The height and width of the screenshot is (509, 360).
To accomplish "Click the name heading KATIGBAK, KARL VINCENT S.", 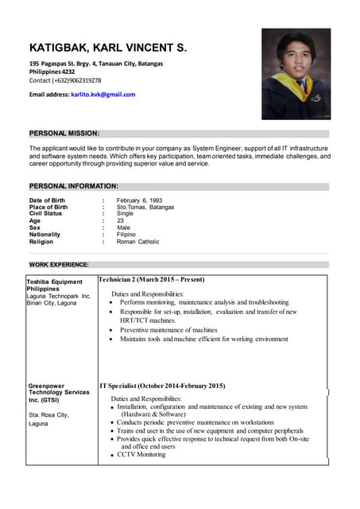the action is (108, 48).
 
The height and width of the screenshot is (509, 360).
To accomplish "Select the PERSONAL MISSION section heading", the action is (64, 134).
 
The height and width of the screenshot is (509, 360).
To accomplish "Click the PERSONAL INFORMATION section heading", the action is (73, 186).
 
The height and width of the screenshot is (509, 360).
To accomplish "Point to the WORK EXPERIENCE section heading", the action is (59, 264).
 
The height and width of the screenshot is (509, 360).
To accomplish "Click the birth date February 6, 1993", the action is (139, 200).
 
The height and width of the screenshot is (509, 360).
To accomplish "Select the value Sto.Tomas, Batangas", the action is (145, 207).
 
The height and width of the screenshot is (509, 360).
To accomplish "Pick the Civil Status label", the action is (45, 214).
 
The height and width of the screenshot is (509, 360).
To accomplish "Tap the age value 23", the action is (121, 221).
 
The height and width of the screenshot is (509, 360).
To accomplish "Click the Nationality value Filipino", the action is (126, 235).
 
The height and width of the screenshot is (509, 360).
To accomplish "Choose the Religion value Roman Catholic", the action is (138, 242).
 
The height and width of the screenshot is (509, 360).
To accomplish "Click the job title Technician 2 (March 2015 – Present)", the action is (152, 280).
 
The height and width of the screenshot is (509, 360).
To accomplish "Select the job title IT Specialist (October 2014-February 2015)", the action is (162, 386).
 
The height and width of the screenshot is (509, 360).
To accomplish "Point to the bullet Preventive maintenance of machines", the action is (168, 329).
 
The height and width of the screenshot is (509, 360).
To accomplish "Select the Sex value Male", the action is (123, 227).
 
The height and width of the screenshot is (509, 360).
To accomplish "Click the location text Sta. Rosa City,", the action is (48, 415).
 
